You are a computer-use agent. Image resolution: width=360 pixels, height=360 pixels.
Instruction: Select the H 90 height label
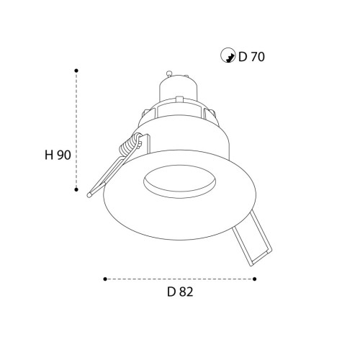(57, 154)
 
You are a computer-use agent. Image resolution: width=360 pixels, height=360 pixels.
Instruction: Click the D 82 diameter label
(181, 292)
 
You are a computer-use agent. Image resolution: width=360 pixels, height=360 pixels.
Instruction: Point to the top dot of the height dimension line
(76, 71)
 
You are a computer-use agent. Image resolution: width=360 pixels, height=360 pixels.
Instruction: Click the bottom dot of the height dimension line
(76, 190)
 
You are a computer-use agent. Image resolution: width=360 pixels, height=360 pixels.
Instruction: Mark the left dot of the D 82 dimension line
(105, 278)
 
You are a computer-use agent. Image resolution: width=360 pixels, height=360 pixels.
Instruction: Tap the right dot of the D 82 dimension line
(256, 278)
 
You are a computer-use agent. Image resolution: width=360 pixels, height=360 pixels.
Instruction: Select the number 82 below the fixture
(186, 292)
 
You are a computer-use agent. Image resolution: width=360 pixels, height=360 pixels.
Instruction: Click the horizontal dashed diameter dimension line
(180, 278)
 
